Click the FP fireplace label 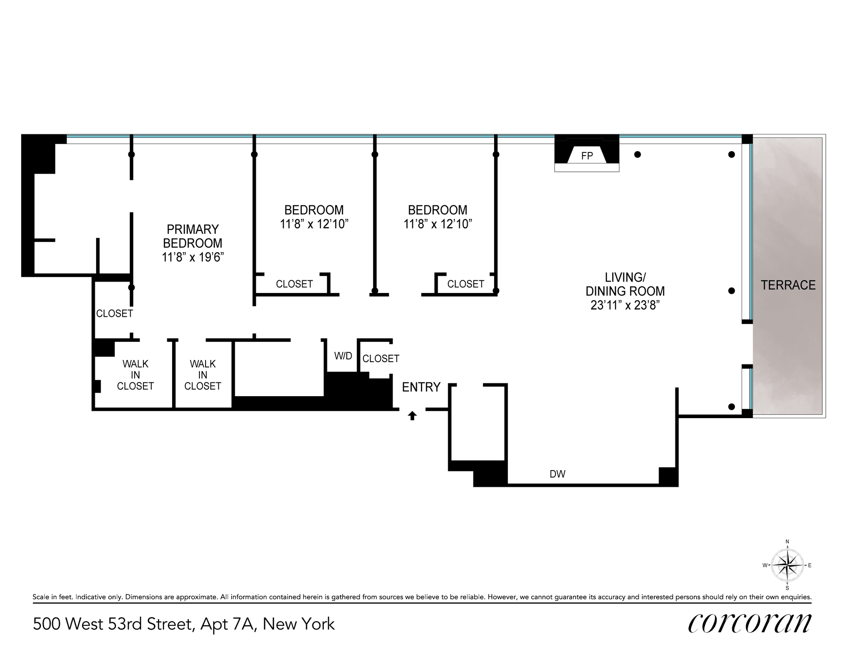point(587,156)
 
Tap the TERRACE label point(788,285)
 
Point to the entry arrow point(412,416)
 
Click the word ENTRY point(421,387)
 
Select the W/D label point(343,356)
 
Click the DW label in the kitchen point(558,474)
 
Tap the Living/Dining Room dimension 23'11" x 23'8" point(625,305)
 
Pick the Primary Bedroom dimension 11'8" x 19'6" point(193,257)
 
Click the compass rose point(787,565)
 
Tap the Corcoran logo point(750,623)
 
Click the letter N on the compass point(787,542)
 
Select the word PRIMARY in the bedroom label point(193,229)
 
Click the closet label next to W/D point(381,359)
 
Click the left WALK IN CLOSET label point(135,375)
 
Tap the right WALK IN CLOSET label point(203,375)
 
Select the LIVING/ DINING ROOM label point(625,284)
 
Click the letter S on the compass point(787,588)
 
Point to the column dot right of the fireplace point(637,154)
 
